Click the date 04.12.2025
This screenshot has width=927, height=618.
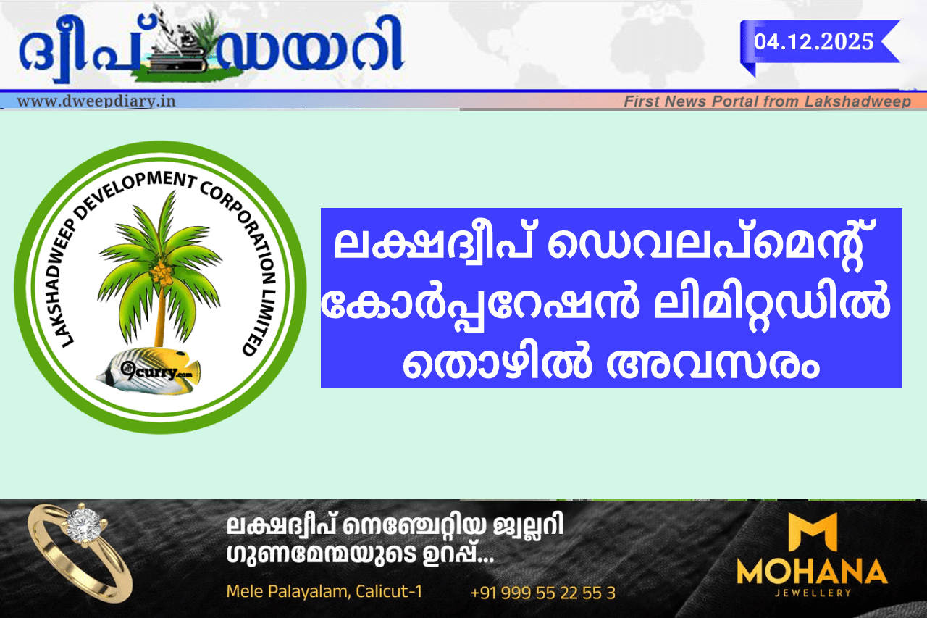813,42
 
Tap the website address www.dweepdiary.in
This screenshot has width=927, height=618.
96,101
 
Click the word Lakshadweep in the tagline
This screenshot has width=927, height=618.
857,101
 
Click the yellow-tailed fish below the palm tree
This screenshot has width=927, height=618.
149,369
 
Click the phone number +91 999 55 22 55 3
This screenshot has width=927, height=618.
543,593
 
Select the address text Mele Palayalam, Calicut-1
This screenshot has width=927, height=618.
324,591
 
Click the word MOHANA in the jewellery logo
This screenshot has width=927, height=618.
812,572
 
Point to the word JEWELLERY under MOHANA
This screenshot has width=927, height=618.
813,593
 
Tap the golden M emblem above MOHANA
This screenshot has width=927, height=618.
813,533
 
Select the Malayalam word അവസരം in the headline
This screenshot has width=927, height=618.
713,364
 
